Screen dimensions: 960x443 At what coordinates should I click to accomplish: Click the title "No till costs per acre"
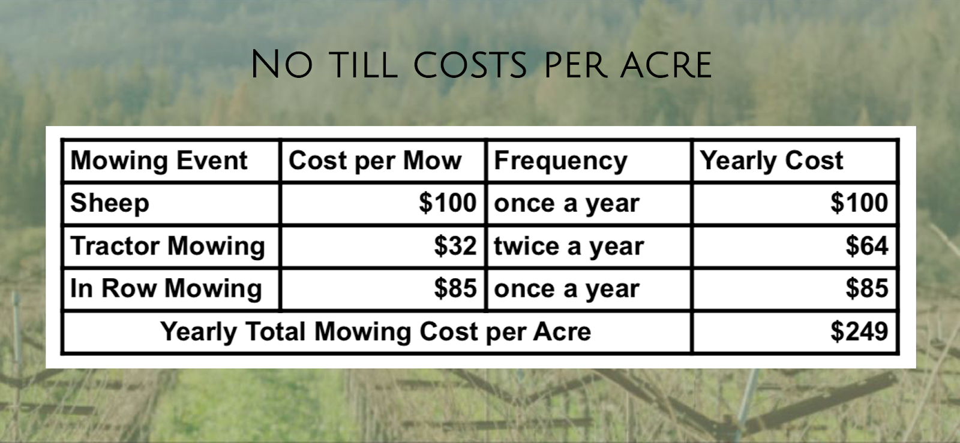click(481, 65)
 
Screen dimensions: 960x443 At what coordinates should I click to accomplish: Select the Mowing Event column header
click(159, 161)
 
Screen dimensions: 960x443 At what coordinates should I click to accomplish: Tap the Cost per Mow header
click(375, 161)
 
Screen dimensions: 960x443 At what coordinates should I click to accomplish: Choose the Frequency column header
click(560, 161)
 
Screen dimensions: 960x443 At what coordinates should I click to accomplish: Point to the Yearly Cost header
click(772, 161)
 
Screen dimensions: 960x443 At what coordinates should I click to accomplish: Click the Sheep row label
click(110, 203)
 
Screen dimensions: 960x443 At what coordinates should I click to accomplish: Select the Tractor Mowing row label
click(167, 246)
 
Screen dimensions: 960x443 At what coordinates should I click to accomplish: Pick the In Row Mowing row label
click(166, 288)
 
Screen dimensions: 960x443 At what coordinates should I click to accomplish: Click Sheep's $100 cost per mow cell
click(448, 203)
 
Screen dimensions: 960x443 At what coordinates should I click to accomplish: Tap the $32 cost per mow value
click(455, 246)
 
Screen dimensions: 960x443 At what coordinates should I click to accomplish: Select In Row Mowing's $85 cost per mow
click(455, 288)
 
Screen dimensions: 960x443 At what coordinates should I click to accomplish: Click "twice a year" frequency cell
click(569, 246)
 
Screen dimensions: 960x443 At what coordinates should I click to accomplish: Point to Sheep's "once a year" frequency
click(566, 204)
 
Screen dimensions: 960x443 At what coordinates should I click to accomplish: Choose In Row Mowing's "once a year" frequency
click(566, 290)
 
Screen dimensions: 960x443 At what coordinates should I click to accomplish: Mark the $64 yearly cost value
click(866, 246)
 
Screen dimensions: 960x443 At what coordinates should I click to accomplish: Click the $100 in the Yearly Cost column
click(859, 203)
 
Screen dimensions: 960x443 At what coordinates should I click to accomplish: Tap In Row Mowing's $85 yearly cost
click(866, 288)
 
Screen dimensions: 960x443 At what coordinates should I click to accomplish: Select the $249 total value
click(859, 332)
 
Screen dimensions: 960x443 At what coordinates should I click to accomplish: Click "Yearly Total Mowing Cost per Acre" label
click(376, 332)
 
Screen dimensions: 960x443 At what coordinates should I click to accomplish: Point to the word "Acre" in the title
click(666, 65)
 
